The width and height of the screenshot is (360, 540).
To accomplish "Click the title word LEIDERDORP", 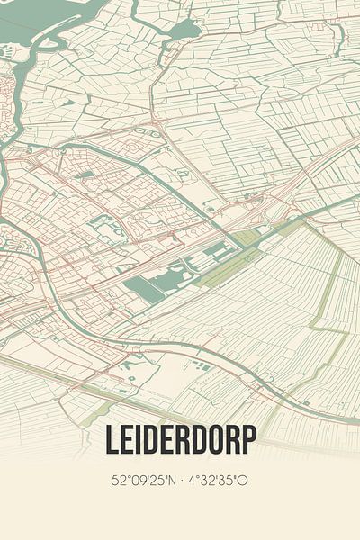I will pyautogui.click(x=180, y=439).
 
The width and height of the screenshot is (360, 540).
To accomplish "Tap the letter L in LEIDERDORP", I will pyautogui.click(x=113, y=439).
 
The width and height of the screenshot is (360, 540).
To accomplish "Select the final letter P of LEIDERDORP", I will pyautogui.click(x=248, y=439).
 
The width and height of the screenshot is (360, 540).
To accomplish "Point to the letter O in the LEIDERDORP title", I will pyautogui.click(x=215, y=439).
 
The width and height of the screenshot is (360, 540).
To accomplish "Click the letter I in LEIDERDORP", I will pyautogui.click(x=140, y=439).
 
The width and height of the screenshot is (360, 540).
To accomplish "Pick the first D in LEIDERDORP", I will pyautogui.click(x=153, y=439).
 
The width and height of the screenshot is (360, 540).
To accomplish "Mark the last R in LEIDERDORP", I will pyautogui.click(x=232, y=439).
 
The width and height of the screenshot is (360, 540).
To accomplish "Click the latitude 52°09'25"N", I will pyautogui.click(x=142, y=481).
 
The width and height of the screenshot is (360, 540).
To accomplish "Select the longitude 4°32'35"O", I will pyautogui.click(x=217, y=481).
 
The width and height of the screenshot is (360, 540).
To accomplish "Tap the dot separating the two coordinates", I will pyautogui.click(x=181, y=481).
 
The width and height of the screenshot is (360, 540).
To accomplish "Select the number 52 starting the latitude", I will pyautogui.click(x=118, y=481).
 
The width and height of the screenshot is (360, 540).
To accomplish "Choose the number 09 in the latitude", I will pyautogui.click(x=137, y=481).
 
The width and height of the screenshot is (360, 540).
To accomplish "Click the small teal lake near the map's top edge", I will pyautogui.click(x=184, y=30).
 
